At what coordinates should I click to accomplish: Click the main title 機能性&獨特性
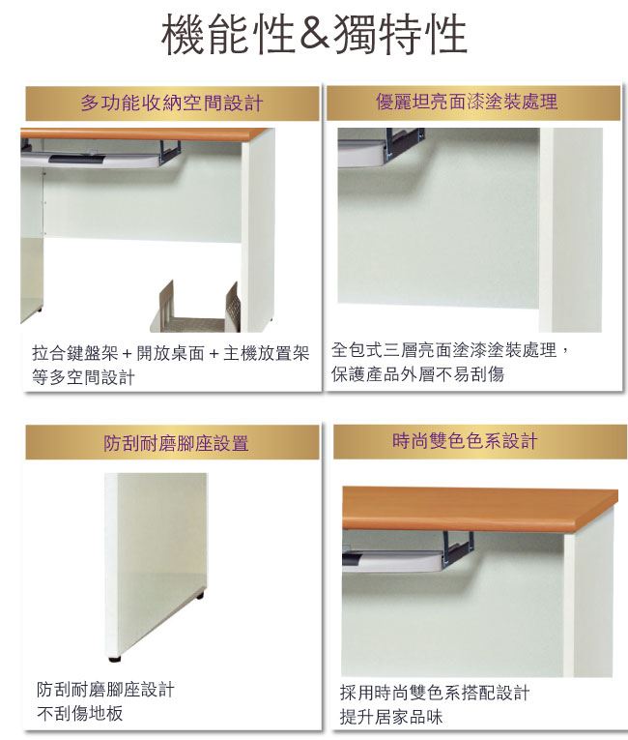tap(314, 34)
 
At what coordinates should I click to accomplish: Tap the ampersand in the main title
tap(314, 35)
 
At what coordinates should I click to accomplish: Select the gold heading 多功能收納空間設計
tap(172, 103)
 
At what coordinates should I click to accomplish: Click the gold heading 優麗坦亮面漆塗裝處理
tap(467, 102)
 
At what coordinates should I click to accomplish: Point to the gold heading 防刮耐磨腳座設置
tap(176, 443)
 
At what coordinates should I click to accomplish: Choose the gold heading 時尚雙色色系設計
tap(465, 441)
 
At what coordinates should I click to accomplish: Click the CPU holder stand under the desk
tap(195, 307)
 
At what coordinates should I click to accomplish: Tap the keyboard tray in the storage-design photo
tap(95, 157)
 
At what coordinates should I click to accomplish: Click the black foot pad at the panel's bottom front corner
tap(115, 658)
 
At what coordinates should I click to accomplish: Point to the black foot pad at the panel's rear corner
tap(200, 596)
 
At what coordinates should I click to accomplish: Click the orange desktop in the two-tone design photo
tap(479, 509)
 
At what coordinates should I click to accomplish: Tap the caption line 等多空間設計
tap(83, 377)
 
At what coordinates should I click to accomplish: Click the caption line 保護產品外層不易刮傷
tap(417, 374)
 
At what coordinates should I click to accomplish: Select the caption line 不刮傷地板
tap(79, 713)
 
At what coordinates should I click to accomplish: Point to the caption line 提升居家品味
tap(391, 717)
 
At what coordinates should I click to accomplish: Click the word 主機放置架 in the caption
tap(267, 353)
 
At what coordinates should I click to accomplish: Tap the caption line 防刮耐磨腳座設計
tap(105, 690)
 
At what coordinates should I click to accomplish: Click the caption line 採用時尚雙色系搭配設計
tap(435, 693)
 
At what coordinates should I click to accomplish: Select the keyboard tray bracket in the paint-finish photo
tap(405, 144)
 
